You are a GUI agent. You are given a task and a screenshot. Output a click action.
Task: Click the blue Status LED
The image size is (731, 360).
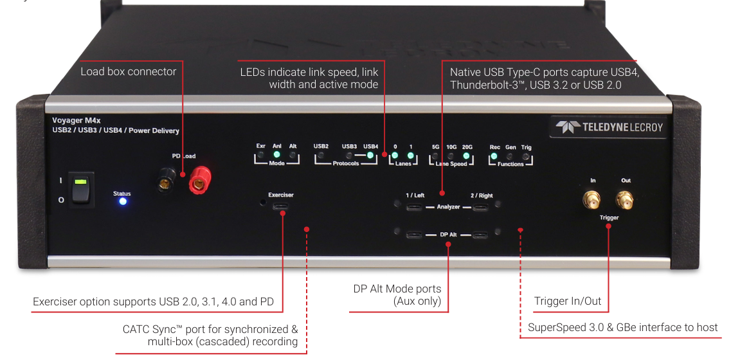tap(122, 201)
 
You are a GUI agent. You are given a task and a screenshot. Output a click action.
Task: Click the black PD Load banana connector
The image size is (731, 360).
tap(166, 184)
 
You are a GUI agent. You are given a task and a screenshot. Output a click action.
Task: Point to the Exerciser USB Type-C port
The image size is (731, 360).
tap(281, 207)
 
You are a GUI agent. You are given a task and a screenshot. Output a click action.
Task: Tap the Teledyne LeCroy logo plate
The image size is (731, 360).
tap(609, 127)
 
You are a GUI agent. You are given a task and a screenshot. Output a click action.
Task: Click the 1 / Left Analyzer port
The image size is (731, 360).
tap(414, 208)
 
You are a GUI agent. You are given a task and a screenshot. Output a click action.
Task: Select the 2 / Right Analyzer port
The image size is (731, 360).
tap(481, 208)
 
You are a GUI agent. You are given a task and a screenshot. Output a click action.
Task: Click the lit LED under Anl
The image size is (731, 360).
tap(276, 155)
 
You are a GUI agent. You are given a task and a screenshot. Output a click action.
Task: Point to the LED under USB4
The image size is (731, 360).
tap(370, 155)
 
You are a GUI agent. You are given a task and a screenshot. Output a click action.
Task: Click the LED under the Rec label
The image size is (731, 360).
tap(494, 155)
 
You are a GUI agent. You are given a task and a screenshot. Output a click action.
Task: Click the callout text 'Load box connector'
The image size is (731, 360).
tap(128, 71)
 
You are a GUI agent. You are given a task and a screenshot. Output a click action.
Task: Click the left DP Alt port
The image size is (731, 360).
tap(414, 234)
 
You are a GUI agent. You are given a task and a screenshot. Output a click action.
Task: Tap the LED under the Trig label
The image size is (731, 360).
tap(526, 155)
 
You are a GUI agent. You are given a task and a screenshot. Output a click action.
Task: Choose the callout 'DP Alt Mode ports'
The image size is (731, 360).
tap(397, 289)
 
